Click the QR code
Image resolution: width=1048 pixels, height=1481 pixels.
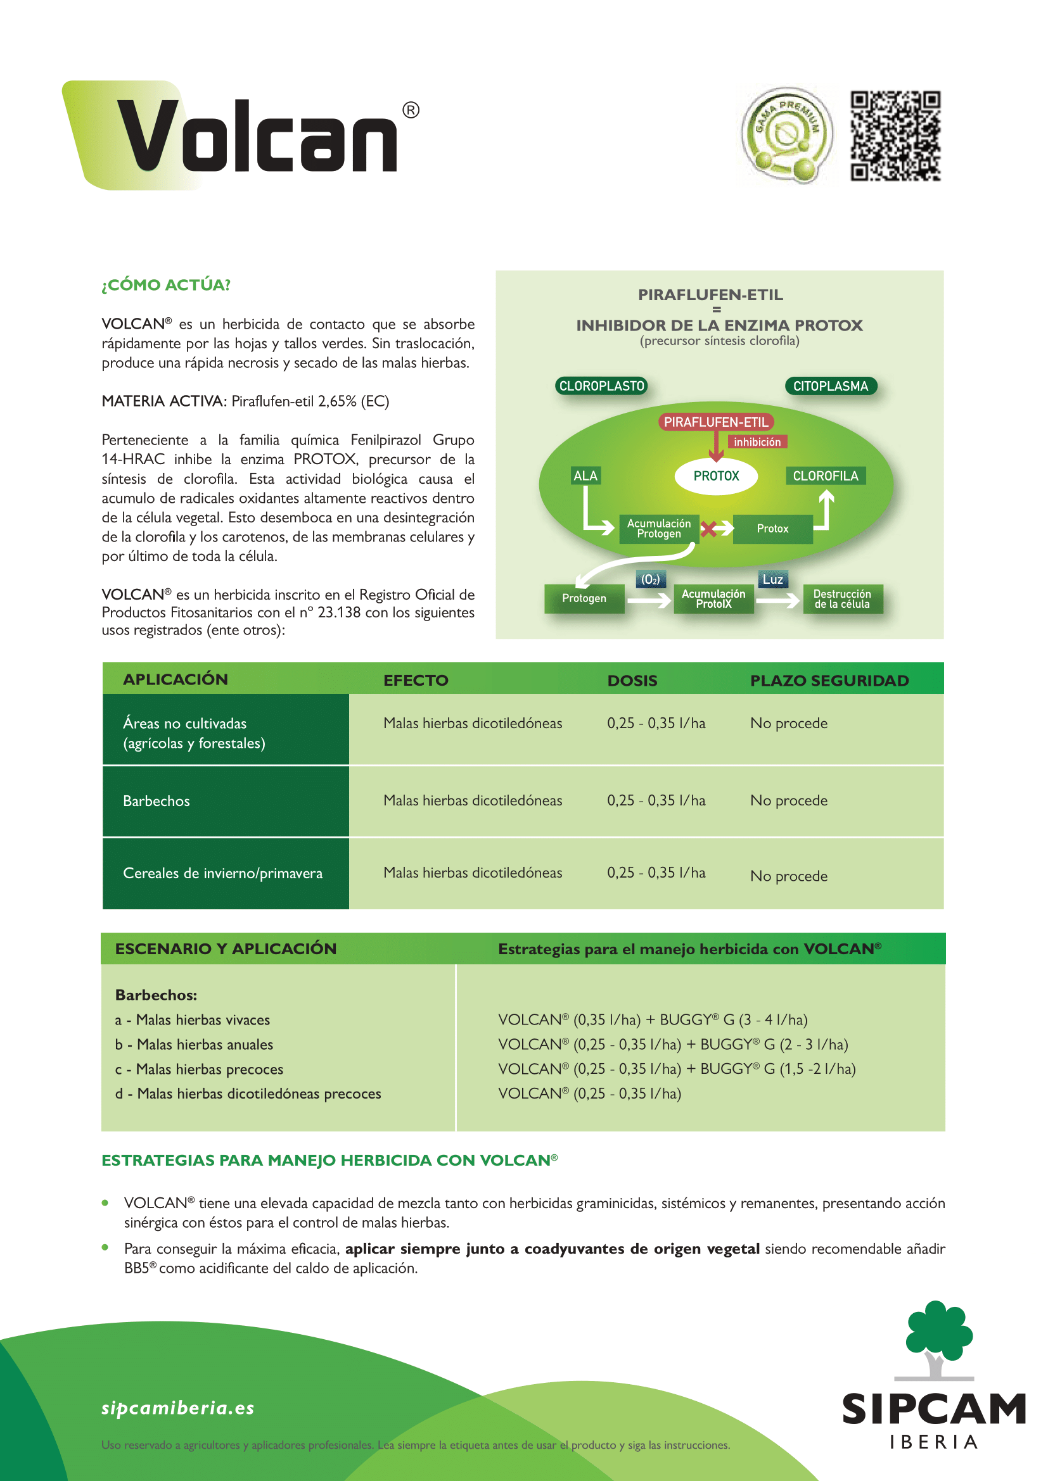click(895, 135)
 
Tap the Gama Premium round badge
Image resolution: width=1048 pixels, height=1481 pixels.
click(787, 135)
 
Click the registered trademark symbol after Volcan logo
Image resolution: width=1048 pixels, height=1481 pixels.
click(411, 110)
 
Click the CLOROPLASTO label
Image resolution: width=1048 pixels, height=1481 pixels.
click(601, 386)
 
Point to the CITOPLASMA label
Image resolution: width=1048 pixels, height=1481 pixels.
click(831, 386)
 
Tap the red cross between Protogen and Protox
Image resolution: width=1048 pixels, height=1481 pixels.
click(708, 529)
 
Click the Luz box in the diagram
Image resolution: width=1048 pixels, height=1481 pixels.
click(772, 579)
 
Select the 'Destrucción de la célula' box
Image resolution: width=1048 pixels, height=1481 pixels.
click(842, 598)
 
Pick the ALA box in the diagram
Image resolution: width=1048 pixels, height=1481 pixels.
click(585, 476)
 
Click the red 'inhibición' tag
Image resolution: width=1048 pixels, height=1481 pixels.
click(757, 442)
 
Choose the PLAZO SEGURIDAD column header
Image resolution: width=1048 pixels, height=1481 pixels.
click(829, 681)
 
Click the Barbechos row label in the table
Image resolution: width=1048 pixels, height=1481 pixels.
click(157, 801)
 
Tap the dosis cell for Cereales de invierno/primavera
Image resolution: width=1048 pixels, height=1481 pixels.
click(656, 873)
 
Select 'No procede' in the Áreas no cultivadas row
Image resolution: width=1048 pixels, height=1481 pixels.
click(789, 723)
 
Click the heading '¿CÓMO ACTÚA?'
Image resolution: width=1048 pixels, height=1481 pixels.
click(166, 285)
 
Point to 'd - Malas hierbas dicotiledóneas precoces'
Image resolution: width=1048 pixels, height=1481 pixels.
click(248, 1093)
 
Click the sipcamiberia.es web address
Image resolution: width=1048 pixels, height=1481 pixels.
click(178, 1408)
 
